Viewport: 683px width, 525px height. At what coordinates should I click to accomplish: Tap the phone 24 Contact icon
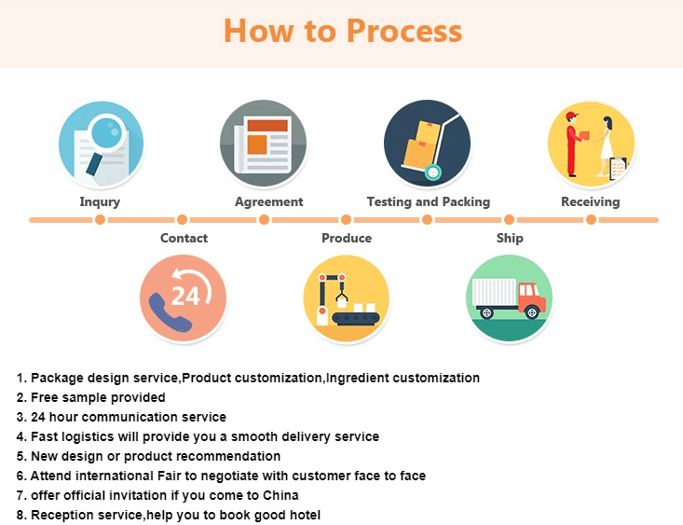coord(183,297)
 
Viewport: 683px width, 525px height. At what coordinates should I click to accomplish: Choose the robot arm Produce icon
coord(346,297)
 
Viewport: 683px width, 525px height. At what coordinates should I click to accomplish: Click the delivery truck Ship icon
coord(510,297)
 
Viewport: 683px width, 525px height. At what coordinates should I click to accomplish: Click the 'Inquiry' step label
coord(100,201)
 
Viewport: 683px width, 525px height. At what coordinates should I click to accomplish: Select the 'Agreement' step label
coord(269,201)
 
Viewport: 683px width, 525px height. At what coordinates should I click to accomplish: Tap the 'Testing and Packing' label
coord(429,201)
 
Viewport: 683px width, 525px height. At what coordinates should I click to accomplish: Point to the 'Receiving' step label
coord(590,201)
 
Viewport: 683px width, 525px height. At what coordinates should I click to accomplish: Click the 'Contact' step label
coord(184,238)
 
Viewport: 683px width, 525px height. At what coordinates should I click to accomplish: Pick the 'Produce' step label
coord(347,238)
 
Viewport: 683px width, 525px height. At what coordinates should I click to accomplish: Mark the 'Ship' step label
coord(510,238)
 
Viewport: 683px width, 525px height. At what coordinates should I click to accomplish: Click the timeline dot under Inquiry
coord(101,220)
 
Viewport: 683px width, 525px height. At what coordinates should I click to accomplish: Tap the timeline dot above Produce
coord(346,220)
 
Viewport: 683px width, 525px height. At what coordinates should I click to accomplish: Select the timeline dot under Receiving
coord(591,220)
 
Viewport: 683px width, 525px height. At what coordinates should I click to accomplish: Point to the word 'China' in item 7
coord(279,495)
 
